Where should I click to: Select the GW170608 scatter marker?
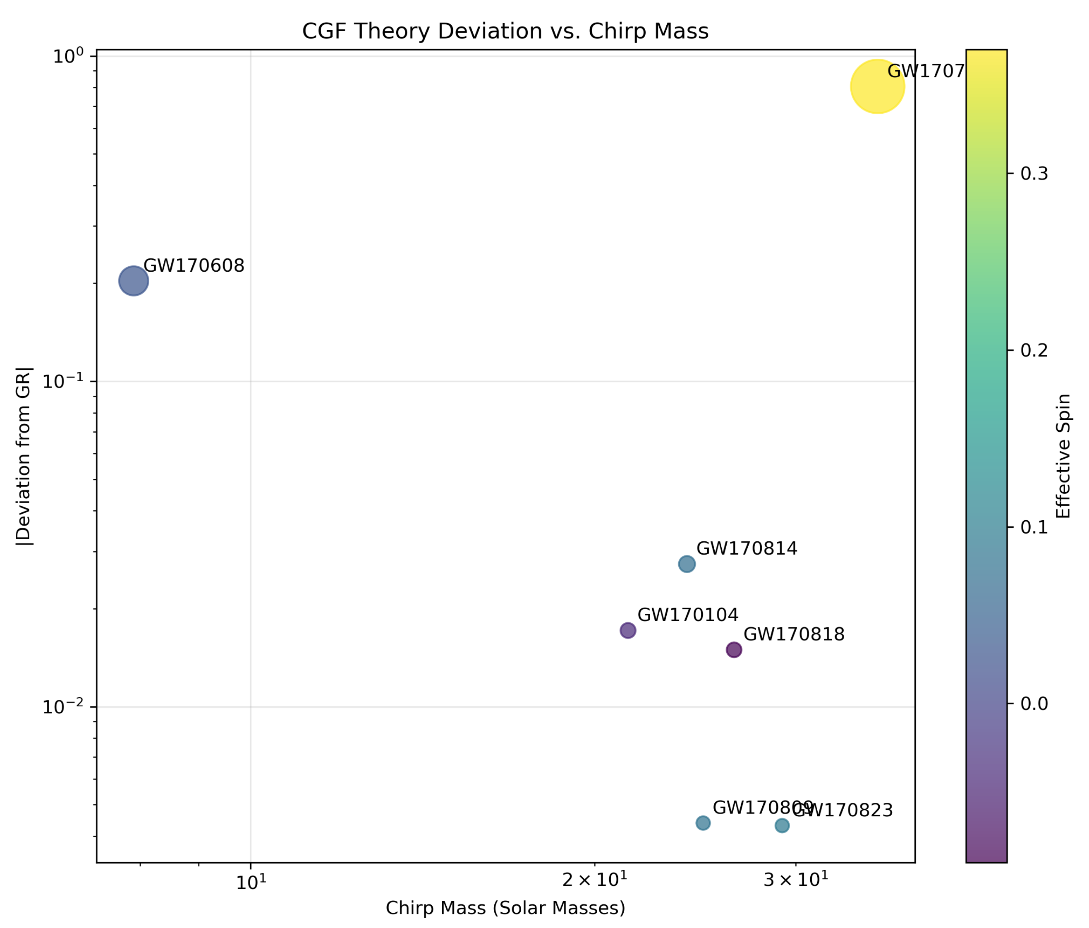click(134, 281)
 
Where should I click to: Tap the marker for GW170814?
click(687, 564)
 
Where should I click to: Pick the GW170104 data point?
click(627, 630)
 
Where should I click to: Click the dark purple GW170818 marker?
click(734, 650)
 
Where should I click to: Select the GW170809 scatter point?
click(703, 823)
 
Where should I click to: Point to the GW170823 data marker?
click(782, 825)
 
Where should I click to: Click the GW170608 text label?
click(194, 266)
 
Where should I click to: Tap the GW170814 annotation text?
click(747, 549)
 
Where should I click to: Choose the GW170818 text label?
click(794, 634)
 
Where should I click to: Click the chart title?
click(505, 31)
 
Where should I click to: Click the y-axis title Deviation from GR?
click(24, 456)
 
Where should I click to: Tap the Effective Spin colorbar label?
click(1064, 456)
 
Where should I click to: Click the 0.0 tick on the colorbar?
click(1034, 703)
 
